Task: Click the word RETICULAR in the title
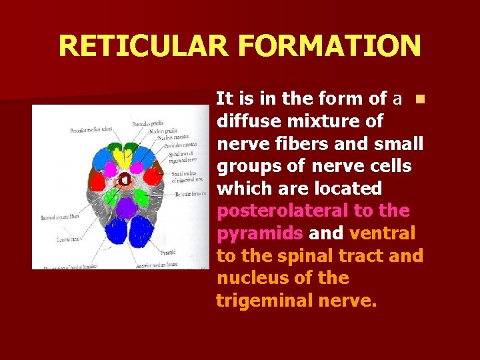[143, 46]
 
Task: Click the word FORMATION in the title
[329, 46]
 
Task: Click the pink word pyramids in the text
[259, 233]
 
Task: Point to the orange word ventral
[382, 233]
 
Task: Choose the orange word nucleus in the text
[245, 278]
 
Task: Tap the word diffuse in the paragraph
[246, 121]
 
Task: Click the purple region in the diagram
[125, 207]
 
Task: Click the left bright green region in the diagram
[109, 197]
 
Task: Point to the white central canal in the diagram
[124, 179]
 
